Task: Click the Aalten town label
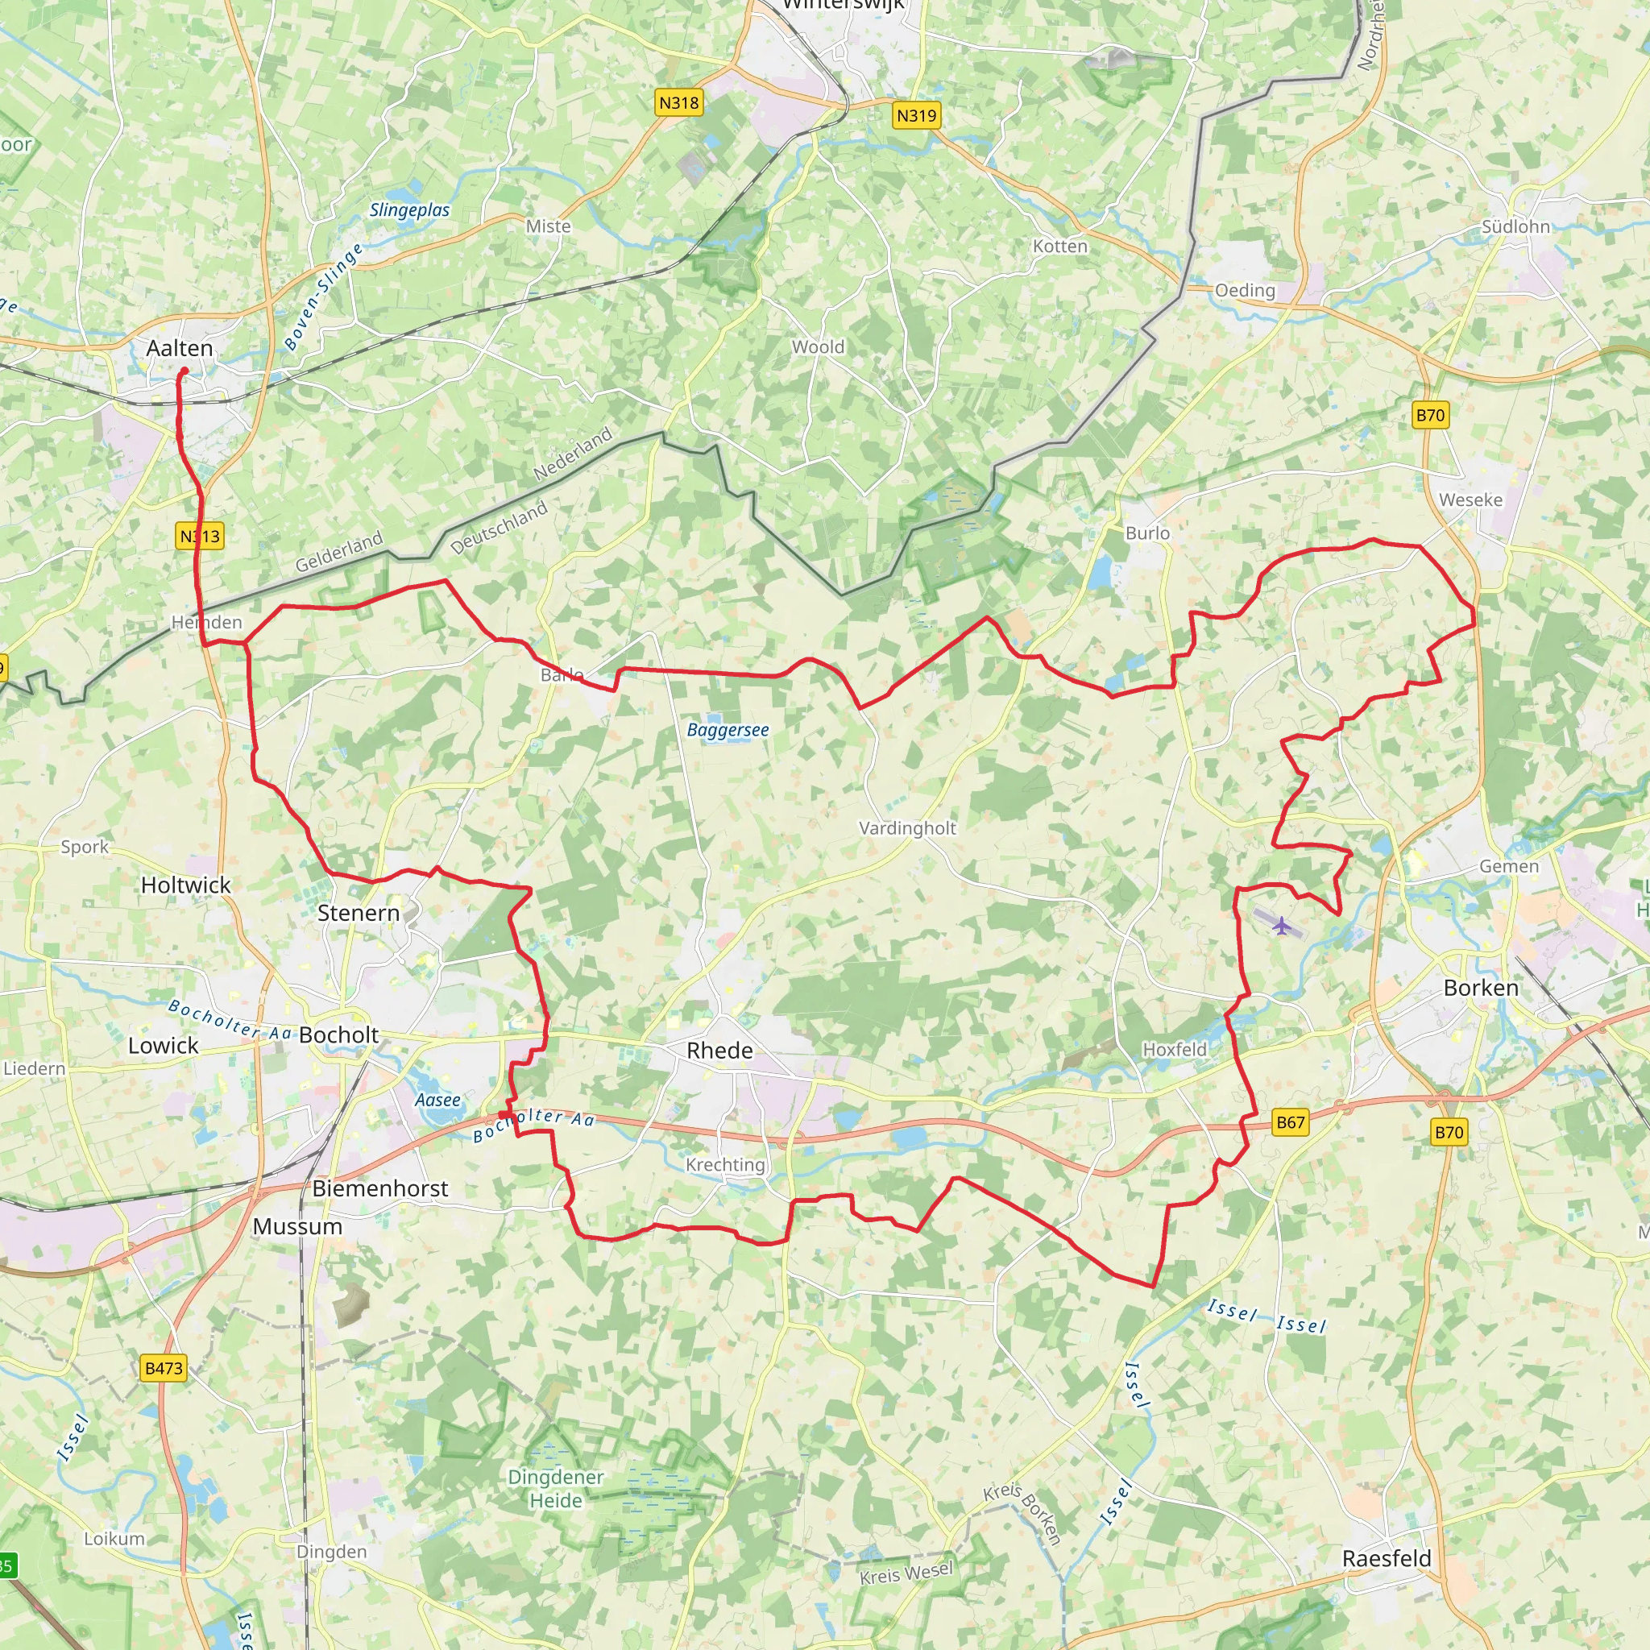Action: (180, 348)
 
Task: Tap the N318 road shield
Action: (679, 103)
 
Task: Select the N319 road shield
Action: (916, 115)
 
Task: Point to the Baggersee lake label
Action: (728, 730)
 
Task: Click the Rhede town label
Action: (720, 1051)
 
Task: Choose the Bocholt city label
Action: (339, 1035)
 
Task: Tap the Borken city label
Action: (1481, 988)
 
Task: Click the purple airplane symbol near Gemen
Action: (1282, 925)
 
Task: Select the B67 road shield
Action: (1290, 1122)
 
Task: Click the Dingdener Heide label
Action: (556, 1489)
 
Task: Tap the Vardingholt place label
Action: (907, 828)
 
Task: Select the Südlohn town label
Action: (1516, 227)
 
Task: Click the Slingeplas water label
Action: (409, 210)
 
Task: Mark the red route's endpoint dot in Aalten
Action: (184, 371)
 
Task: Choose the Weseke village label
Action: (1470, 500)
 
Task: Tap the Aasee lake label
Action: (437, 1100)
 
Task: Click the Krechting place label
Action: (725, 1165)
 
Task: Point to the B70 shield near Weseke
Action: (1431, 416)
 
